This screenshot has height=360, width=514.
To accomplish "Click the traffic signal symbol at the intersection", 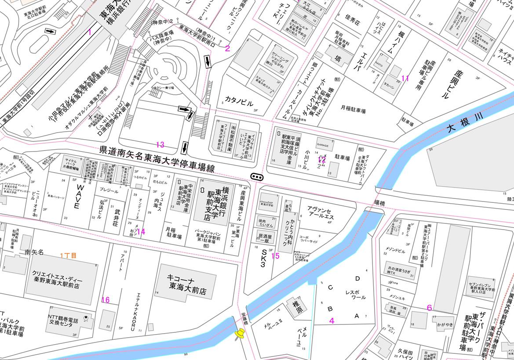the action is (x=257, y=176).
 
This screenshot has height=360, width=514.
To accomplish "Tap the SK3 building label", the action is (x=264, y=258).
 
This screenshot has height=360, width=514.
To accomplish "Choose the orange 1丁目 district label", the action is (x=69, y=255).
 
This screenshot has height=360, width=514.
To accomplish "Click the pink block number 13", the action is (x=160, y=144).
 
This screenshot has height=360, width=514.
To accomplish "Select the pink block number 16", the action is (x=106, y=300).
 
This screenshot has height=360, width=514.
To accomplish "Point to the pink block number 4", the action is (x=332, y=320).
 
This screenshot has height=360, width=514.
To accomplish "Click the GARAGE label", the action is (x=323, y=144).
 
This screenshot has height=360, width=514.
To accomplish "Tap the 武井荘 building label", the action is (x=117, y=218).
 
